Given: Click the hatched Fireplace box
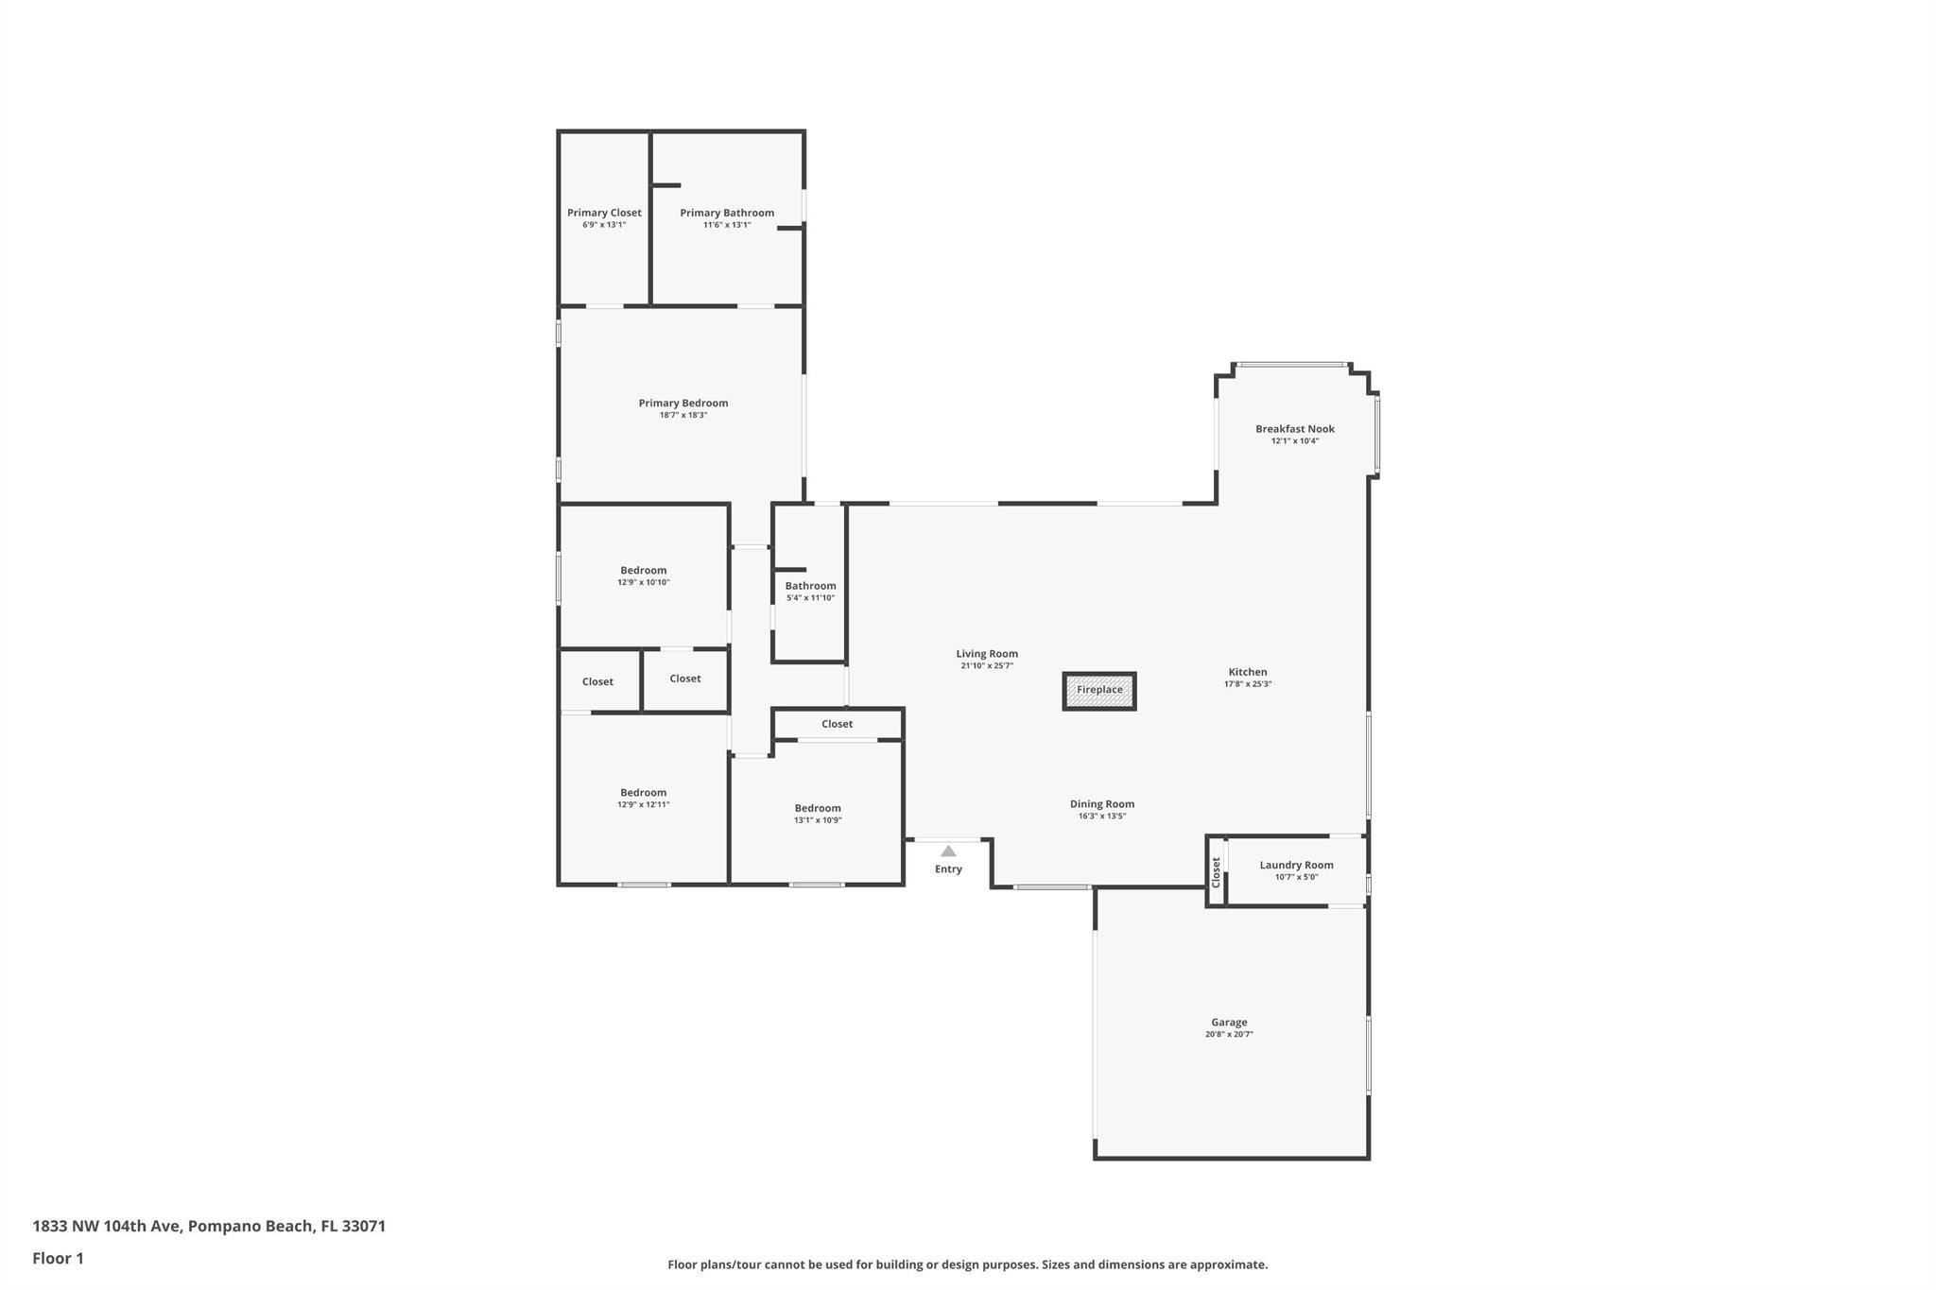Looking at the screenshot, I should click(x=1099, y=691).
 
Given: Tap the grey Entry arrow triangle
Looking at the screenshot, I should click(x=948, y=851).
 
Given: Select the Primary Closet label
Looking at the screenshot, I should click(x=604, y=213).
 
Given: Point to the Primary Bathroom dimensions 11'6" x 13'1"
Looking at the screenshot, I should click(x=727, y=225).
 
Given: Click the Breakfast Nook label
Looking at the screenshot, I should click(x=1294, y=428).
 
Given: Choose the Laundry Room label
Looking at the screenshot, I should click(x=1296, y=865).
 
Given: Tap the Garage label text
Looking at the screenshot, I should click(x=1229, y=1022).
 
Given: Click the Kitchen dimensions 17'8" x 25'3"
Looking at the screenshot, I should click(x=1248, y=684).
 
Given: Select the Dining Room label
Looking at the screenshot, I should click(x=1102, y=804).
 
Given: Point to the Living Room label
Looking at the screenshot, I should click(x=987, y=653).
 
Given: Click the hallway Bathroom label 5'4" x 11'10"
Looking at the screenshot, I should click(x=810, y=586).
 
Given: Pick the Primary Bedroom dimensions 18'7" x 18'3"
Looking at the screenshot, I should click(x=683, y=416).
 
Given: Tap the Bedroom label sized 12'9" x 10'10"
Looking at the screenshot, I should click(x=644, y=570).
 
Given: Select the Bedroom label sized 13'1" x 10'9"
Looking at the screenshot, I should click(x=818, y=808).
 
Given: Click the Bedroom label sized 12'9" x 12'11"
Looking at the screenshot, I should click(x=644, y=792).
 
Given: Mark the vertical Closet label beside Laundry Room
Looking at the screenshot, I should click(x=1217, y=871).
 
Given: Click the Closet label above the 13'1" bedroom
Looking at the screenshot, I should click(x=837, y=724).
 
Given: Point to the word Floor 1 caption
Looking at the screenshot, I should click(x=59, y=1258).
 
